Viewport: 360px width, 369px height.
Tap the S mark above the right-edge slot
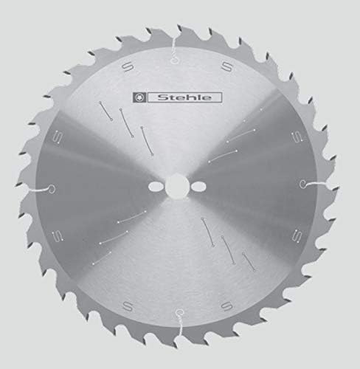(x=294, y=137)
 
